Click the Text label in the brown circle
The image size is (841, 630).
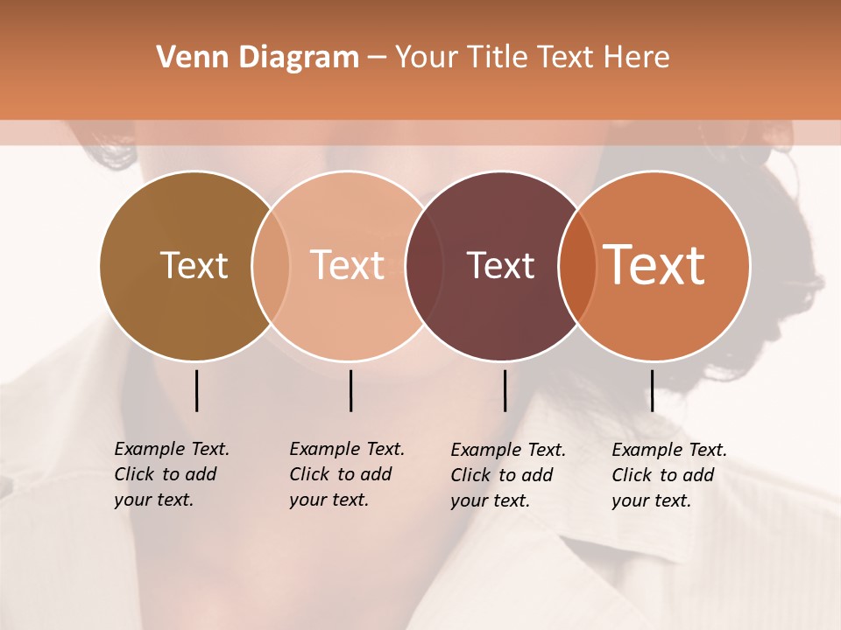point(194,265)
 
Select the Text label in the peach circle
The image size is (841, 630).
point(348,265)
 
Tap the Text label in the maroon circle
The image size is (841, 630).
point(500,265)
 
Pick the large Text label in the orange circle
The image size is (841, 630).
point(654,264)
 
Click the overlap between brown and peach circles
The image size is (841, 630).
point(271,266)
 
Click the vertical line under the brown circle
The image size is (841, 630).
point(196,390)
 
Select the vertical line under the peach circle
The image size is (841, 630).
point(350,390)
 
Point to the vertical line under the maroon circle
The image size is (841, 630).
point(505,390)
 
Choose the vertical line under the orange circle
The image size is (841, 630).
point(652,390)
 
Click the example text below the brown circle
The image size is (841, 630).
point(172,474)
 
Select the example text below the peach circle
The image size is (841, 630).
point(347,474)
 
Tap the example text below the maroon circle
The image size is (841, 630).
point(508,475)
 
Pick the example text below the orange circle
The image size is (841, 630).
point(669,475)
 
